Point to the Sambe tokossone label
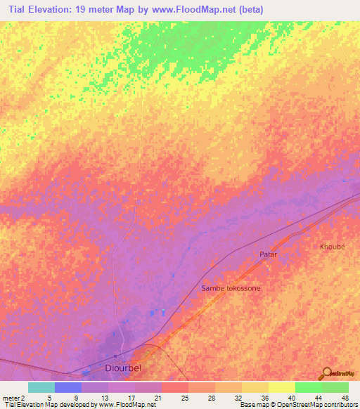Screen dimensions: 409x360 [231, 288]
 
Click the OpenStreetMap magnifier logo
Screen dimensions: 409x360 [327, 373]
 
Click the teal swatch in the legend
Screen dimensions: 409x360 [41, 387]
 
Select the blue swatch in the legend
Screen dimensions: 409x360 [67, 387]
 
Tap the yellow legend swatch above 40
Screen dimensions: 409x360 [282, 387]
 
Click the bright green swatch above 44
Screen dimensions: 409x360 [309, 387]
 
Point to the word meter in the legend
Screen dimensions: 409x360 [11, 397]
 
